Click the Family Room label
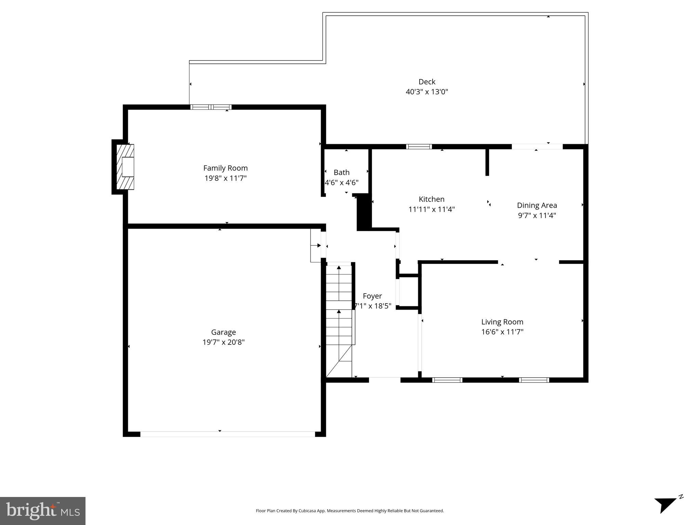coord(225,168)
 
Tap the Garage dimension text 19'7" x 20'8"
coord(223,342)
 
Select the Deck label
coord(427,82)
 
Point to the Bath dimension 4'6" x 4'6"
coord(342,183)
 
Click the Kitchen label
coord(432,199)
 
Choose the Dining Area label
coord(537,205)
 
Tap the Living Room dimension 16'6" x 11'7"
coord(502,332)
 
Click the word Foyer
coord(372,296)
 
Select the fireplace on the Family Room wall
coord(125,167)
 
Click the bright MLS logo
coord(42,511)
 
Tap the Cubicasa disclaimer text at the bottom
coord(349,511)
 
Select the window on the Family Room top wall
coord(211,107)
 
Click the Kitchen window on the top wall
coord(419,147)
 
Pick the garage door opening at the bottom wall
coord(227,434)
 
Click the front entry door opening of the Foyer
coord(384,379)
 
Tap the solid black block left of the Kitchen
coord(364,213)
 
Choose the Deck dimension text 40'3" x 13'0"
coord(427,92)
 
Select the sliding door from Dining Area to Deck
coord(537,147)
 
